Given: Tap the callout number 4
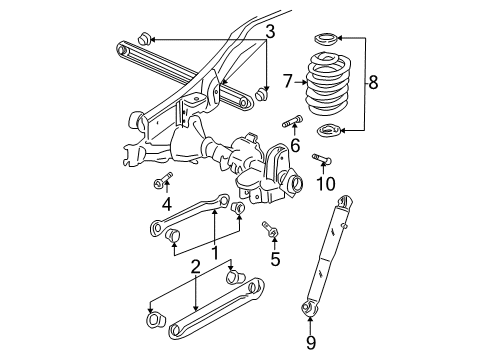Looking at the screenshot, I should click(x=167, y=204).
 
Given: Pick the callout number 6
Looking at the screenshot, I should click(x=295, y=145).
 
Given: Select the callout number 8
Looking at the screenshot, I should click(x=375, y=83).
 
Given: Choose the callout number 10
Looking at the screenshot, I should click(x=323, y=185).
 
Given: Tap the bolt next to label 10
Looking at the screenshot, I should click(x=322, y=158).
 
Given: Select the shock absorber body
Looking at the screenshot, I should click(x=329, y=252).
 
